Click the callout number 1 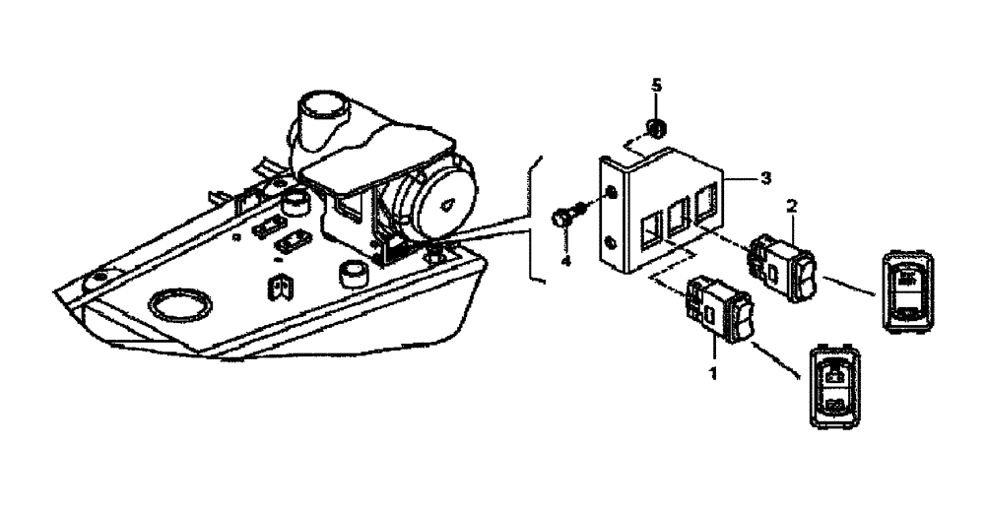[x=712, y=375]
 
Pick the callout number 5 [x=655, y=85]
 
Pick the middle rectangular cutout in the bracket [x=679, y=217]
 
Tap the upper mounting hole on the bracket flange [x=614, y=191]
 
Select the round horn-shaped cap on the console [x=442, y=202]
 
